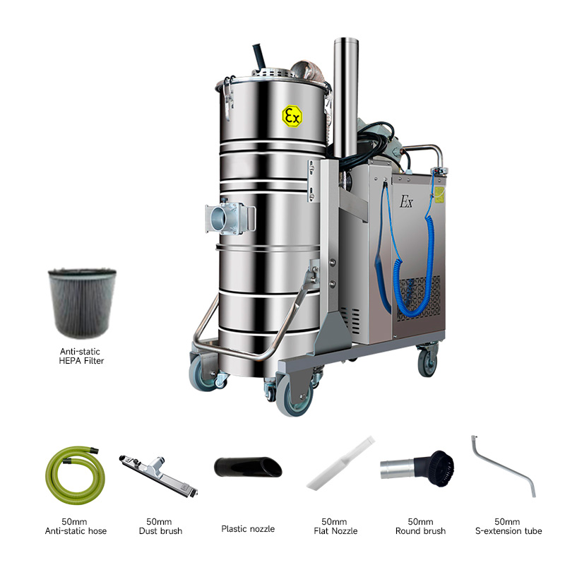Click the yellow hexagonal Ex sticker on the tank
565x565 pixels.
292,116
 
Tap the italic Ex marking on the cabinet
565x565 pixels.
406,202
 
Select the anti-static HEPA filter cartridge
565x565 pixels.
82,303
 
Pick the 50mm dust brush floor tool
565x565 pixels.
158,475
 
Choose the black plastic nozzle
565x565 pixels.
248,467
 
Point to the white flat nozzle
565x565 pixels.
340,463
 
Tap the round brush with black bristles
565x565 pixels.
417,468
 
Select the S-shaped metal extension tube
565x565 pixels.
504,468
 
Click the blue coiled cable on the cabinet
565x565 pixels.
415,267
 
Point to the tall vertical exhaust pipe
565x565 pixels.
345,97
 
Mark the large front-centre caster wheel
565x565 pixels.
295,398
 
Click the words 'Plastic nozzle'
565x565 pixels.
248,528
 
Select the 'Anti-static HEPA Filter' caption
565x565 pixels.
81,356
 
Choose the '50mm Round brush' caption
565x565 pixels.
420,526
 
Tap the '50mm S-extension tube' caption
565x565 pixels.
509,526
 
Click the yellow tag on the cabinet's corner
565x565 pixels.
439,195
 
